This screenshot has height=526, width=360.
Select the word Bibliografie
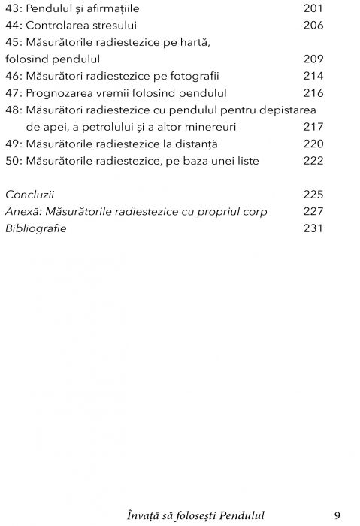(35, 228)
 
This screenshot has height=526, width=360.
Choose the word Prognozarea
(61, 92)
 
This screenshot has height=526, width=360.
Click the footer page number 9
(337, 515)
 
